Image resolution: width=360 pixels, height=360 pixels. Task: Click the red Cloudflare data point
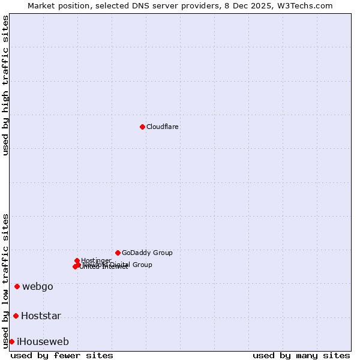142,127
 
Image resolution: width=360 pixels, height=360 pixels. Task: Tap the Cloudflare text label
163,127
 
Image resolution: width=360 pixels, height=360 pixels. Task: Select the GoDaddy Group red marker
118,253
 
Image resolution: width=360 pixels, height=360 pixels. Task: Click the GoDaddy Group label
147,253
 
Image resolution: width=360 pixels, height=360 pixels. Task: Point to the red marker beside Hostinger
77,260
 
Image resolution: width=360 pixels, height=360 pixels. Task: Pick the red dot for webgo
17,286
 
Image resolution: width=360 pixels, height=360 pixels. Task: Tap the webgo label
38,287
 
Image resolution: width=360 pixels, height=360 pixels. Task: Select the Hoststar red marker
16,316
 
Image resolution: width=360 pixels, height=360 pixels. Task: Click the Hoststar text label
41,316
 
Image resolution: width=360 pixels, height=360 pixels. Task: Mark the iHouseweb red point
11,341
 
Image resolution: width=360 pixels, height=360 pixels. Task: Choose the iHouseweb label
43,342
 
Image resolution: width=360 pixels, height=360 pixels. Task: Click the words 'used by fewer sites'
62,355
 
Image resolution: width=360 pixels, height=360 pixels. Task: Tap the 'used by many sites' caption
301,355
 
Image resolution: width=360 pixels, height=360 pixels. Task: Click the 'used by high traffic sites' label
5,85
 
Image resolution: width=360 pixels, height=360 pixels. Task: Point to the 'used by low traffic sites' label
5,280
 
